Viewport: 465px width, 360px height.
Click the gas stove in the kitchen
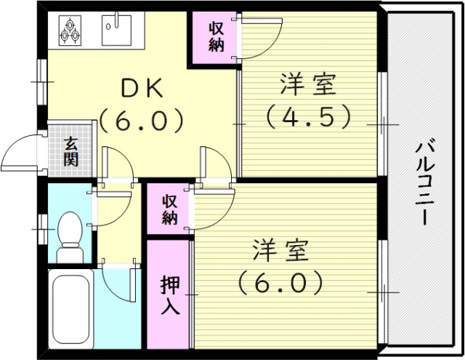coord(70,30)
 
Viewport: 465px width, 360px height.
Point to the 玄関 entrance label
coord(70,151)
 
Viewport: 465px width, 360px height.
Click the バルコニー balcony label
coord(424,182)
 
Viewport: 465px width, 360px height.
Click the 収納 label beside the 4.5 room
coord(216,37)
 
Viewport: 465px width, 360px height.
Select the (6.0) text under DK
coord(142,119)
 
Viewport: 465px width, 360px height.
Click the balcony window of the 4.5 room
coord(381,124)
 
